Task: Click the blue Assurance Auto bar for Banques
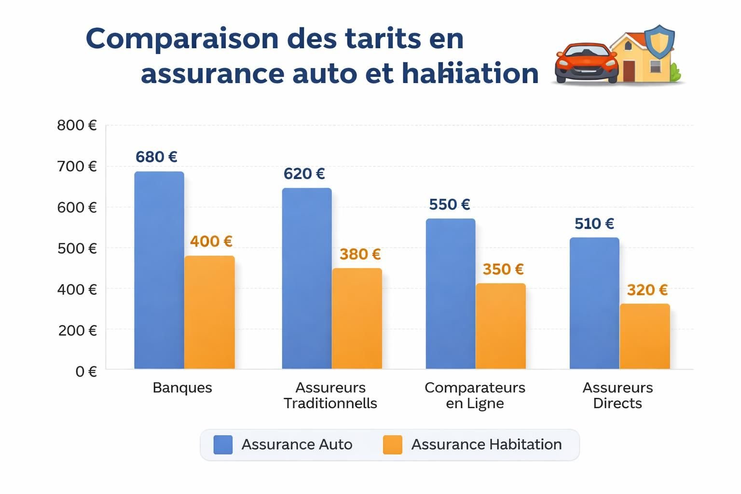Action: [159, 270]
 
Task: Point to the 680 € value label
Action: [156, 157]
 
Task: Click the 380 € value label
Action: [360, 254]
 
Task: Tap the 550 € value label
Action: [449, 205]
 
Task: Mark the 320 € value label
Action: [647, 290]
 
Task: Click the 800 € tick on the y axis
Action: [77, 125]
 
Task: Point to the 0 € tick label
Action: [86, 371]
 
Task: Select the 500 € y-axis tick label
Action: [77, 248]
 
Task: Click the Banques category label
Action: [182, 388]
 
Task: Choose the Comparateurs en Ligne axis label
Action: [475, 395]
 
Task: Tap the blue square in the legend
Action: [223, 444]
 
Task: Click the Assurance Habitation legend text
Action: [486, 444]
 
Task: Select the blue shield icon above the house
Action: [659, 41]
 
